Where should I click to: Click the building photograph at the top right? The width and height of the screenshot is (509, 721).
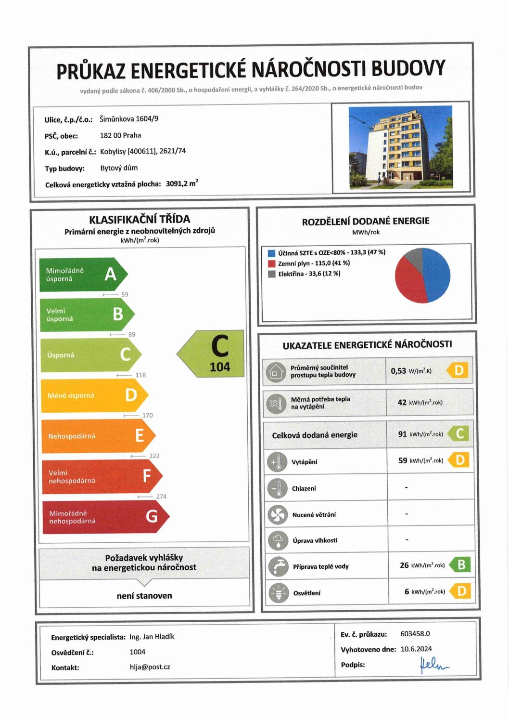tap(400, 147)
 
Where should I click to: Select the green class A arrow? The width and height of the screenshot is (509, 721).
tap(82, 275)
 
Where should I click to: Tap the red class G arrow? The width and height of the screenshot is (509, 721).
tap(103, 517)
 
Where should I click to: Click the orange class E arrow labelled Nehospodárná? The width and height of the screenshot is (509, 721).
tap(96, 436)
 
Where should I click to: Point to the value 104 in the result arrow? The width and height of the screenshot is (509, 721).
tap(220, 367)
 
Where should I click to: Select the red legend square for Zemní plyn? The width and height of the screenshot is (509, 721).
tap(272, 263)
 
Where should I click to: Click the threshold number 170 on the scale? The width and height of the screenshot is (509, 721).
tap(147, 415)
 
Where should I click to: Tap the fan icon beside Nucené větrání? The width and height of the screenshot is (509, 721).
tap(278, 515)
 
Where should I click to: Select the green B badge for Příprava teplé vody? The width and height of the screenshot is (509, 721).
tap(460, 565)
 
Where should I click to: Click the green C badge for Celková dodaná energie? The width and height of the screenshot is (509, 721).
tap(459, 434)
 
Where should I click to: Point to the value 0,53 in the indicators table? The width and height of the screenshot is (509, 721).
tap(398, 371)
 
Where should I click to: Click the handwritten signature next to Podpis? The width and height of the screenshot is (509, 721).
tap(433, 665)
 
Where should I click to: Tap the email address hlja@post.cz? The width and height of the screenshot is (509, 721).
tap(150, 667)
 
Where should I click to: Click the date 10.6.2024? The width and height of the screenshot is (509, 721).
tap(416, 649)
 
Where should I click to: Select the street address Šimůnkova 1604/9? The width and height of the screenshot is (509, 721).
tap(129, 119)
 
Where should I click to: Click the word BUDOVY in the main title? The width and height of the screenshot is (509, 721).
tap(408, 68)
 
